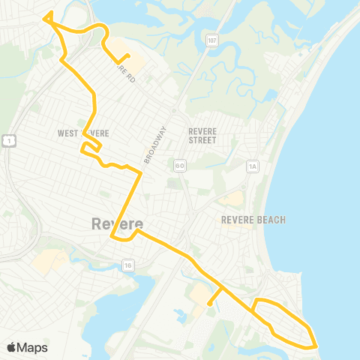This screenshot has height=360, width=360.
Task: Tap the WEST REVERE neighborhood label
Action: (83, 133)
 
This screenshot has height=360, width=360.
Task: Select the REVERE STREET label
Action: (202, 135)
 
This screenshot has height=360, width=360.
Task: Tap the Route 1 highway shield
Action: (7, 140)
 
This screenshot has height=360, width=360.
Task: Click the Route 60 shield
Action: (179, 164)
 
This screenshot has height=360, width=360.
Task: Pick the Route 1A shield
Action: (253, 165)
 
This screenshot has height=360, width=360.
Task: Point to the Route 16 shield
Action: (129, 264)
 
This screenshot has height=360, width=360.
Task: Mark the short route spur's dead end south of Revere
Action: (208, 304)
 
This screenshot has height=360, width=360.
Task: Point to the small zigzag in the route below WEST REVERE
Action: (90, 147)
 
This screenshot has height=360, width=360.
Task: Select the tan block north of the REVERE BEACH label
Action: (231, 199)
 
